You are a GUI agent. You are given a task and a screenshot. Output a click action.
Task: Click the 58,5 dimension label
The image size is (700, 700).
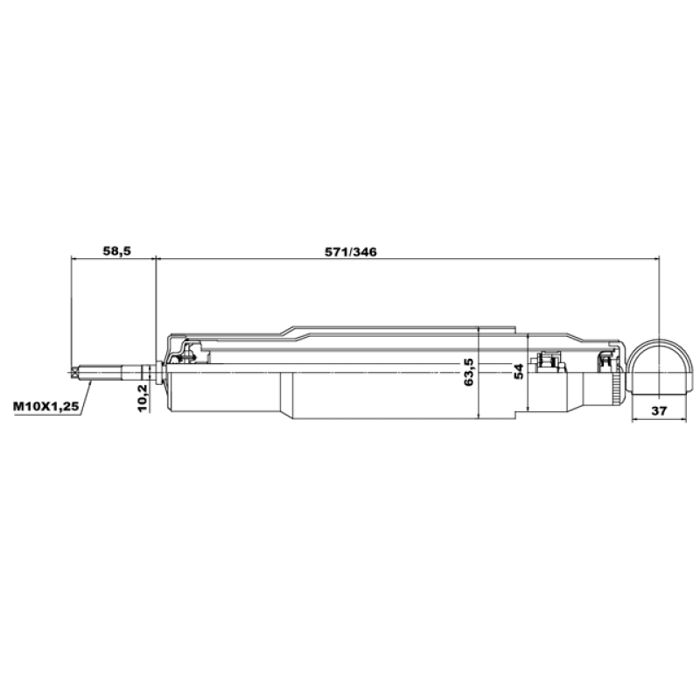[117, 251]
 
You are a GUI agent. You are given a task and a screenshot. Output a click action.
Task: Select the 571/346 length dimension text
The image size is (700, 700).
[351, 252]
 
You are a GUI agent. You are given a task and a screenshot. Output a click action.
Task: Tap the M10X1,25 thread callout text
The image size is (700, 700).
[46, 407]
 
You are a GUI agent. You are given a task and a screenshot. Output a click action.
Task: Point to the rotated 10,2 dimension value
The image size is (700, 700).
[142, 398]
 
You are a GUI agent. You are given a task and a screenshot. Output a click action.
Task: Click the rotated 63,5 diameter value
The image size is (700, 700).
[469, 372]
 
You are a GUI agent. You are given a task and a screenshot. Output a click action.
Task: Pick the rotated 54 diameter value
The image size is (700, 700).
[518, 372]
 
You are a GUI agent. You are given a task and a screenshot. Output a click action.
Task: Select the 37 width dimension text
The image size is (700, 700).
[659, 410]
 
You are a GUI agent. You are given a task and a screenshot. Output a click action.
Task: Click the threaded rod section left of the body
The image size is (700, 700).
[109, 372]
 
